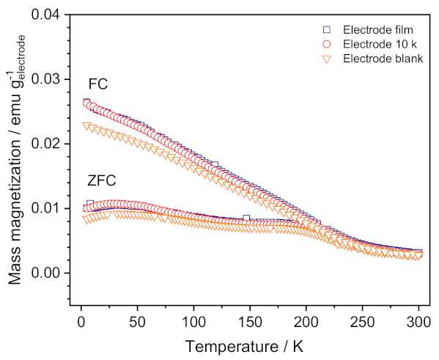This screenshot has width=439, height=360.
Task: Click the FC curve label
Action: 97,84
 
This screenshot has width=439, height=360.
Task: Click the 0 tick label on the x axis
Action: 81,320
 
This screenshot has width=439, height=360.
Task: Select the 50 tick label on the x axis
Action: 137,320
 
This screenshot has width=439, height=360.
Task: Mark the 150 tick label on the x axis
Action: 249,320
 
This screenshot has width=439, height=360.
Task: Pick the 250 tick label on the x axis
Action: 361,320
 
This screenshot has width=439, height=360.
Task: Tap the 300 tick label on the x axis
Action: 417,320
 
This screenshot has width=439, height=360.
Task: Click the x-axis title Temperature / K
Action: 249,345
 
